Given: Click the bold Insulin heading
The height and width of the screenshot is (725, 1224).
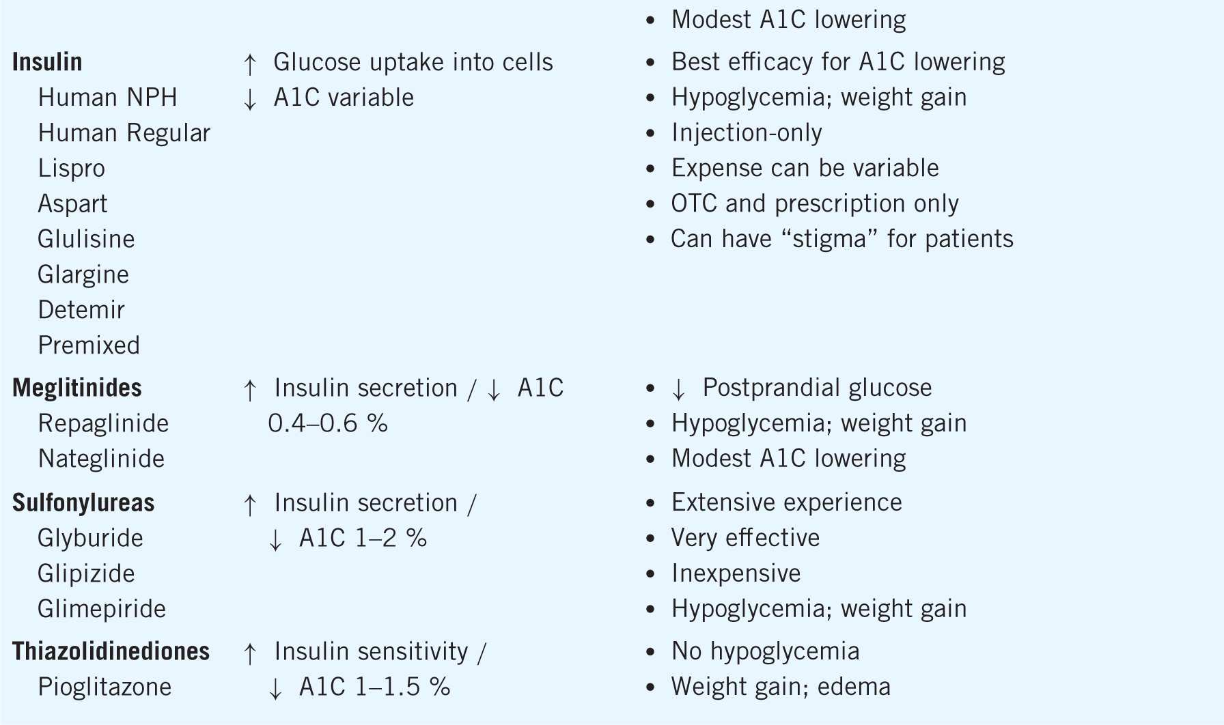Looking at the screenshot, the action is (47, 62).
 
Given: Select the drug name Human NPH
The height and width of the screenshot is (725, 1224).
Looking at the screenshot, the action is (107, 98).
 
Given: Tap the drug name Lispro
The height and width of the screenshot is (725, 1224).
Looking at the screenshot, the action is (72, 169).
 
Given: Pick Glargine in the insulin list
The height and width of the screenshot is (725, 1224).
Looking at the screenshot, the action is (83, 274).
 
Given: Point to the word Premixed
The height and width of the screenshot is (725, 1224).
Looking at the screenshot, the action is (89, 345).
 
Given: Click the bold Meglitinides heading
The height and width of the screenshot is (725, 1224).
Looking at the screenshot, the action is (77, 388).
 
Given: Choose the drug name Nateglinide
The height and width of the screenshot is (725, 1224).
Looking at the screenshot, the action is (101, 459).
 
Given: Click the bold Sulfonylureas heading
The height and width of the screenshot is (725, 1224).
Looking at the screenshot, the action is (83, 503).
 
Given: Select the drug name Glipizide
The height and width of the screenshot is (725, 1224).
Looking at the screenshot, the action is (86, 573).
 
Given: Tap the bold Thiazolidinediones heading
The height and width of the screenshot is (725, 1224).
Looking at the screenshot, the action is (111, 651).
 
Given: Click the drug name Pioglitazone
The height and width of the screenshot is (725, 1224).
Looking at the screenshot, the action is (105, 687).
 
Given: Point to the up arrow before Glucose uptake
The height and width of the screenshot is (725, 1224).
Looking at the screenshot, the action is (250, 63).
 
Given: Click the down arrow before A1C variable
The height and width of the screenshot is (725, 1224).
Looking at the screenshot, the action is (250, 99).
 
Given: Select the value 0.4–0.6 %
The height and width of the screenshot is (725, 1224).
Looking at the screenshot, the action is (328, 423).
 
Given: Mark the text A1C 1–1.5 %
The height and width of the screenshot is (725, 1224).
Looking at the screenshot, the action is (375, 687).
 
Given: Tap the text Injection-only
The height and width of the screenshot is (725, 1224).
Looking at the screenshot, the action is (747, 133).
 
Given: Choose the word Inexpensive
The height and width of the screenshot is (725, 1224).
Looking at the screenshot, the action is (736, 573).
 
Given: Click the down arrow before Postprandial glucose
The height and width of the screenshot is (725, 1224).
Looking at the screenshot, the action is (678, 389).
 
